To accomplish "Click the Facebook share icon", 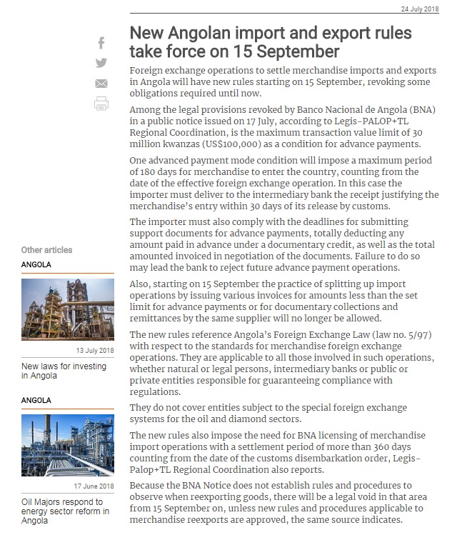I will [x=101, y=44].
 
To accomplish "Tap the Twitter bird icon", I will [x=101, y=63].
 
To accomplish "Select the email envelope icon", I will [x=101, y=84].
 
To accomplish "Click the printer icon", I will [x=101, y=104].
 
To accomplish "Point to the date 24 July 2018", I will [x=420, y=9].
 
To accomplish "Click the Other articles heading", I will [x=46, y=250].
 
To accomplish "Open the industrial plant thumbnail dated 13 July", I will [x=67, y=309].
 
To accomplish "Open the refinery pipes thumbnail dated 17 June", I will [x=67, y=446].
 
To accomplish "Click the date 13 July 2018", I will [x=94, y=351].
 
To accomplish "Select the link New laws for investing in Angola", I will [x=64, y=371].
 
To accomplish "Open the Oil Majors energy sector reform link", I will [x=65, y=511].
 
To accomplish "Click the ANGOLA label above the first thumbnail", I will [x=36, y=265].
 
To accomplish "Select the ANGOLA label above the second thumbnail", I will [x=36, y=401].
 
